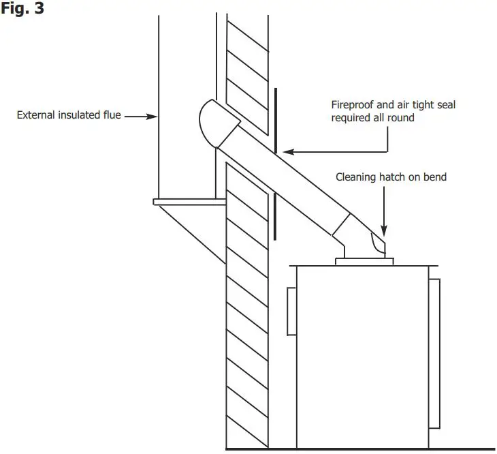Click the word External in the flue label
point(35,115)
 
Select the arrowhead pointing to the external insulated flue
point(153,116)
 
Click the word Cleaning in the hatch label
point(355,177)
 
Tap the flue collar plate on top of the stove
point(364,260)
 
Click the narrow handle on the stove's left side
point(291,311)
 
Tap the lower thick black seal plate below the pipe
point(275,217)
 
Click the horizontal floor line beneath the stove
point(361,449)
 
